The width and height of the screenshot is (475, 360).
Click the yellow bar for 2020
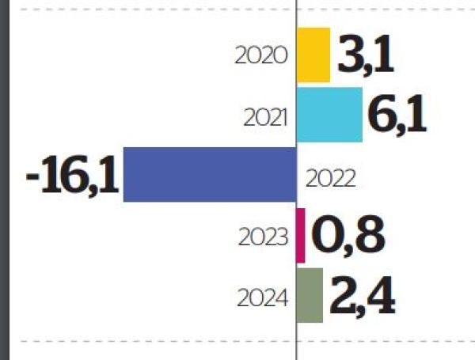pos(313,55)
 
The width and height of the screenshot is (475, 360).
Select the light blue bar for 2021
pos(330,115)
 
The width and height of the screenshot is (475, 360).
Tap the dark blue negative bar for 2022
pos(210,174)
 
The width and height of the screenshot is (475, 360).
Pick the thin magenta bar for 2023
pos(301,235)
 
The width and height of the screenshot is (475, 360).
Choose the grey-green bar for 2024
pos(310,295)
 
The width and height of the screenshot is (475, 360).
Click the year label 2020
pos(262,56)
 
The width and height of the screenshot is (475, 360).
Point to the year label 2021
pos(267,116)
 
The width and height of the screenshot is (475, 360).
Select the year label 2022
pos(331,177)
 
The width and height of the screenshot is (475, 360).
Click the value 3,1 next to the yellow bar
pos(365,55)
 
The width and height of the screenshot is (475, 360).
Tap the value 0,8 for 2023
pos(348,235)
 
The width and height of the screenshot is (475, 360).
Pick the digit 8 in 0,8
pos(369,235)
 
